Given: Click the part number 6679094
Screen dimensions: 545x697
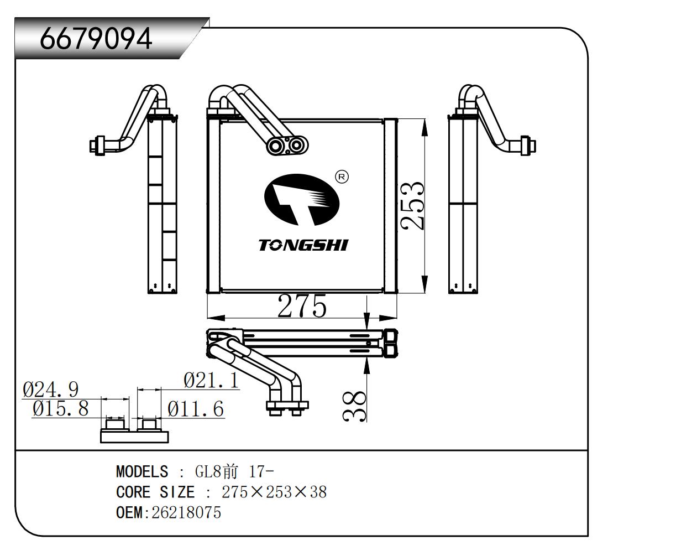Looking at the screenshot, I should click(96, 38).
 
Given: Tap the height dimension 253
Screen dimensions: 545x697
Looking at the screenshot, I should click(413, 205).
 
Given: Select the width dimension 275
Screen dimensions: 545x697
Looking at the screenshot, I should click(301, 306).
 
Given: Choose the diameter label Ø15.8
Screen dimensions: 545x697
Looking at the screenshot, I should click(60, 409).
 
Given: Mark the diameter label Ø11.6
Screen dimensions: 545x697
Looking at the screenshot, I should click(196, 409).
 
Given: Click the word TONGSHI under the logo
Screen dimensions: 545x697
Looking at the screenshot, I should click(303, 245).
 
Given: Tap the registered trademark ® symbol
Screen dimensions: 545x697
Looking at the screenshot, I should click(342, 177).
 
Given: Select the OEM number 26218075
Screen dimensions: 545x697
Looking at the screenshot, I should click(186, 512).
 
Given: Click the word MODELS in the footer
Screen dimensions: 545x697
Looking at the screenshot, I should click(142, 471).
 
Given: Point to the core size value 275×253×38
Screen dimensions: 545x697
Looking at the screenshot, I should click(274, 492).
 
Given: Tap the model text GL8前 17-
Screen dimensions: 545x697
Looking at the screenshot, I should click(234, 471).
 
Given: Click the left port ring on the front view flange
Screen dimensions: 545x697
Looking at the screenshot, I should click(275, 146).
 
